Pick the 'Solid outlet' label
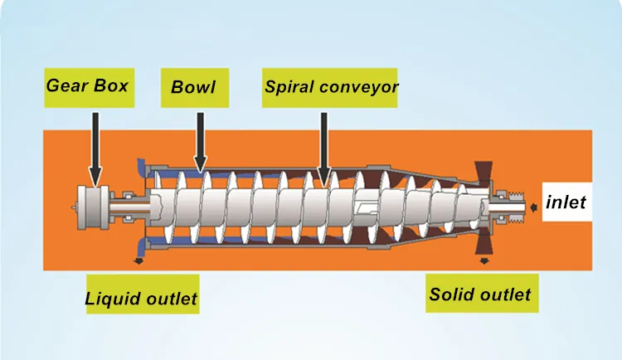point(480,294)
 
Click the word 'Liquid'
point(114,298)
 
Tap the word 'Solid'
point(450,294)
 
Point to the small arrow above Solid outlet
point(484,260)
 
